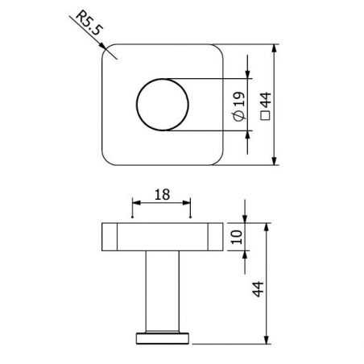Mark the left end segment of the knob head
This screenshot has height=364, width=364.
[x=110, y=237]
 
